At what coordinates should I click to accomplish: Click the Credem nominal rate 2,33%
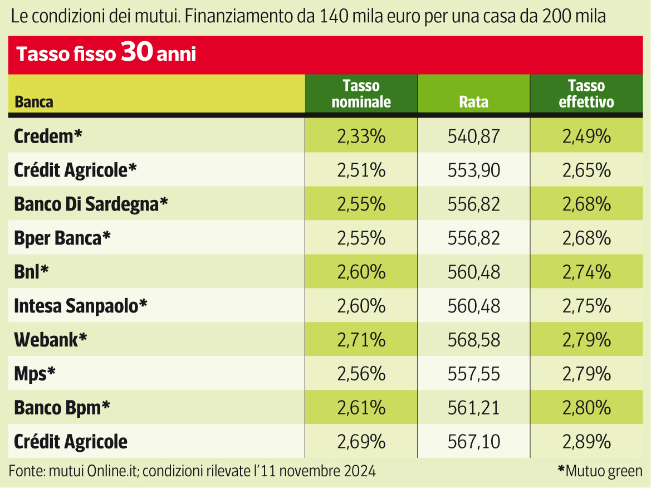361,136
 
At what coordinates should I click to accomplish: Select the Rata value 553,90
473,170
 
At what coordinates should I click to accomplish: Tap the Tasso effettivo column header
586,94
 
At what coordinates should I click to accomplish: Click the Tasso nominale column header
361,94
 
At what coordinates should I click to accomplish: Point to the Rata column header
473,102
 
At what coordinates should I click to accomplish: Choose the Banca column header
34,102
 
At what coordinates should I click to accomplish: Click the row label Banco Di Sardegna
91,204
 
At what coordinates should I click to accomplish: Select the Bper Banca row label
62,238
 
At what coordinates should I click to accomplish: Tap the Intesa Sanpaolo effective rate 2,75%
586,306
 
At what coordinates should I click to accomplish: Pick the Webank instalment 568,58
473,340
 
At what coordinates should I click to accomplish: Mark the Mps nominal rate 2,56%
361,374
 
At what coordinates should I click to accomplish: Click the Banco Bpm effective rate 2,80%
586,408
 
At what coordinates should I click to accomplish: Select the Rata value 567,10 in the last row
473,442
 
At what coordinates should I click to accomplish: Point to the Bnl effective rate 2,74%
586,272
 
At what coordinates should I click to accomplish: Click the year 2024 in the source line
359,471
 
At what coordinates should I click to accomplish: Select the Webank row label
50,340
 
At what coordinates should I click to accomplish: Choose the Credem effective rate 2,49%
586,136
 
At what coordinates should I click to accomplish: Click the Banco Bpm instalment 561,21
473,408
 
